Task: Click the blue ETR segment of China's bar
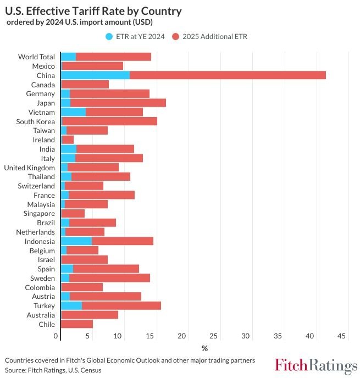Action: [x=95, y=75]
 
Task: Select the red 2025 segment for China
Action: [x=228, y=75]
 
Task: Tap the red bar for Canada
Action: [x=85, y=85]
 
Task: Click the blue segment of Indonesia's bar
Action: [x=76, y=241]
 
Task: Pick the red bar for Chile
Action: [x=76, y=324]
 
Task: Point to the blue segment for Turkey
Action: [x=71, y=305]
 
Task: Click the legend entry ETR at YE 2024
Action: [x=135, y=36]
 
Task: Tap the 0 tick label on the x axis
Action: [x=56, y=336]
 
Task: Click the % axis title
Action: [x=204, y=348]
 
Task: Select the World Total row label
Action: [x=36, y=57]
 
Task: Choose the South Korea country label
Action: [x=36, y=121]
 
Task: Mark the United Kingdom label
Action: [x=30, y=168]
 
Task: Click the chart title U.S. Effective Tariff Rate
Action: [x=93, y=11]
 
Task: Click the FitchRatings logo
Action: [x=315, y=365]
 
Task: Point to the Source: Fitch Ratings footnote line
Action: [x=53, y=370]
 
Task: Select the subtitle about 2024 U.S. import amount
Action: [x=80, y=22]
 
